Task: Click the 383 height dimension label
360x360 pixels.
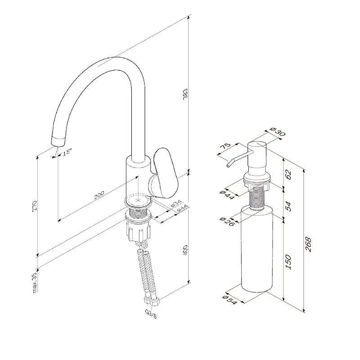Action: point(185,94)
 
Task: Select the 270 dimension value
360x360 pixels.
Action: point(35,207)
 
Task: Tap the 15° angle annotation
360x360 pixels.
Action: point(67,152)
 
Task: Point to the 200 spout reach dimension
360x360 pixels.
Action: point(99,195)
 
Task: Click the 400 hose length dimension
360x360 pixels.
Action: point(185,250)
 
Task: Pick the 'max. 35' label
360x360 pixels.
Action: point(35,283)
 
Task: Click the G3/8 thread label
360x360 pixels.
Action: point(151,314)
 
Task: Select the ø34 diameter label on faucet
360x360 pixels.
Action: point(176,204)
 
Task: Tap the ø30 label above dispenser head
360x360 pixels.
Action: point(278,131)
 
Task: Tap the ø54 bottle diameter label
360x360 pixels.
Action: point(229,300)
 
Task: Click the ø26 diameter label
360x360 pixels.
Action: point(227,221)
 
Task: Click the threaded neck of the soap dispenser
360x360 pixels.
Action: point(256,198)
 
